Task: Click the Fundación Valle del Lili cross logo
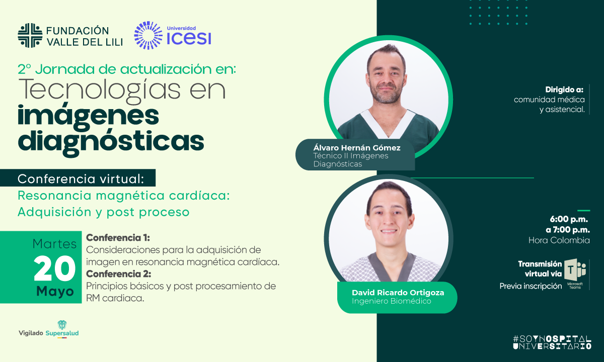tap(30, 35)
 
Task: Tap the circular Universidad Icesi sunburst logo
tap(148, 35)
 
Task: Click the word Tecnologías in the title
tap(99, 90)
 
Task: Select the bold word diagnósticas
tap(111, 142)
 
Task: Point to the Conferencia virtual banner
tap(78, 178)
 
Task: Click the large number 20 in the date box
tap(54, 268)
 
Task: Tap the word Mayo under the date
tap(55, 292)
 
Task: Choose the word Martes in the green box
tap(54, 244)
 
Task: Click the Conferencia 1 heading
tap(118, 238)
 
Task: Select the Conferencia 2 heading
tap(119, 274)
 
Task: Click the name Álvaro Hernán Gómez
tap(357, 148)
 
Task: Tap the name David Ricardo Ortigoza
tap(398, 293)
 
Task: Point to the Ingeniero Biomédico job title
tap(392, 301)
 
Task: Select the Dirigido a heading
tap(564, 89)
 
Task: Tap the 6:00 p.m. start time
tap(569, 219)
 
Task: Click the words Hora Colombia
tap(559, 240)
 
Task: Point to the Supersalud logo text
tap(62, 333)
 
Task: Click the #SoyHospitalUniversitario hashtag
tap(552, 342)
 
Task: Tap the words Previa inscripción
tap(531, 286)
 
